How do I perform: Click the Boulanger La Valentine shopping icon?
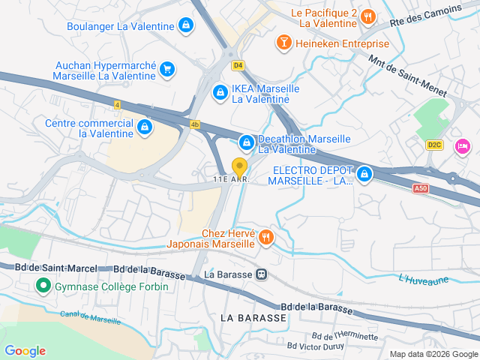[186, 26]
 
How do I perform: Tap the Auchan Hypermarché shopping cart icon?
[167, 70]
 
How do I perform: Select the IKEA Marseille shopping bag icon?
[220, 93]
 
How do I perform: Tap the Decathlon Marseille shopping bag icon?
[246, 142]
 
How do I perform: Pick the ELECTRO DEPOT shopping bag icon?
[364, 175]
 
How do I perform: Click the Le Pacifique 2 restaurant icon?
[367, 17]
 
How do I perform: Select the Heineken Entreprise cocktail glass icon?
[284, 43]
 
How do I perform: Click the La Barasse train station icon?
[261, 274]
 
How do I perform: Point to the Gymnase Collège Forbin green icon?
[43, 286]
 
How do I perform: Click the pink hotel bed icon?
[463, 144]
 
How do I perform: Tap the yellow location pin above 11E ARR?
[239, 166]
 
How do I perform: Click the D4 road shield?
[238, 65]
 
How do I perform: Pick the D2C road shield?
[434, 144]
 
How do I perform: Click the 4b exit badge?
[195, 124]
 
